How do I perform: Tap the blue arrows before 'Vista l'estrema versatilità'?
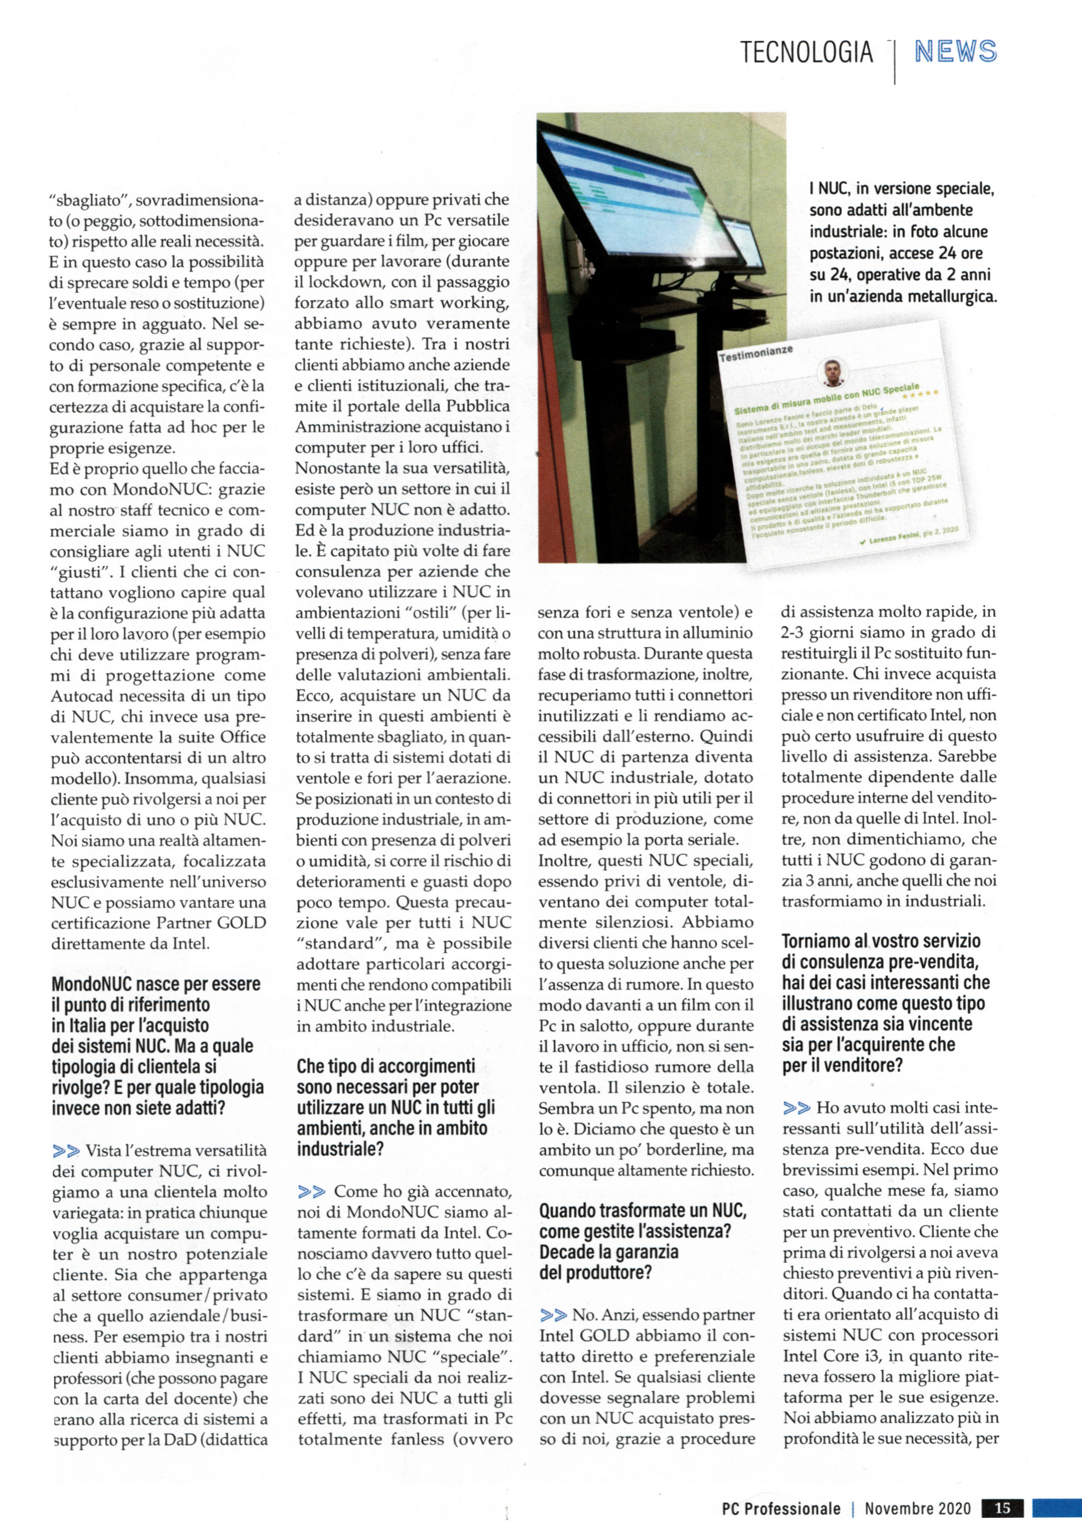tap(65, 1151)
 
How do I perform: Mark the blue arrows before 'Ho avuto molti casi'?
tap(797, 1108)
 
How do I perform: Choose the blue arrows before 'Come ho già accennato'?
tap(312, 1191)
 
